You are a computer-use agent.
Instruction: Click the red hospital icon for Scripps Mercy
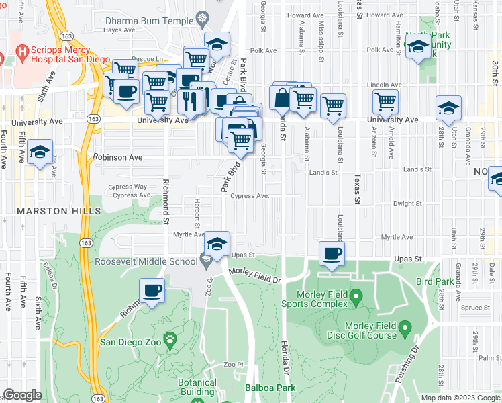(23, 51)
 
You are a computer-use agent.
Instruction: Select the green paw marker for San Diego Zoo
(172, 341)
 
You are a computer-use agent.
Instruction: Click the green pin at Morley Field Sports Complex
(356, 296)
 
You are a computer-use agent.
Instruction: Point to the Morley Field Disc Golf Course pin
(405, 328)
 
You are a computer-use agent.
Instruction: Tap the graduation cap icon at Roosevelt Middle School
(217, 243)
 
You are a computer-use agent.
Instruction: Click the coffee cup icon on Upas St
(332, 253)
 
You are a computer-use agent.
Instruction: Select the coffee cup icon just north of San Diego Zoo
(152, 290)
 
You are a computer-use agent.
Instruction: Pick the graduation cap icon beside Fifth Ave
(40, 152)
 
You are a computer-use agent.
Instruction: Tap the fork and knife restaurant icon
(191, 101)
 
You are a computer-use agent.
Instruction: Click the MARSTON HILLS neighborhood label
(52, 211)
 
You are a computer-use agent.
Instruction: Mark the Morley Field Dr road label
(254, 274)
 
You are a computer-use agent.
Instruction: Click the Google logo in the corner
(23, 395)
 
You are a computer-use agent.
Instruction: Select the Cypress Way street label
(130, 187)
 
